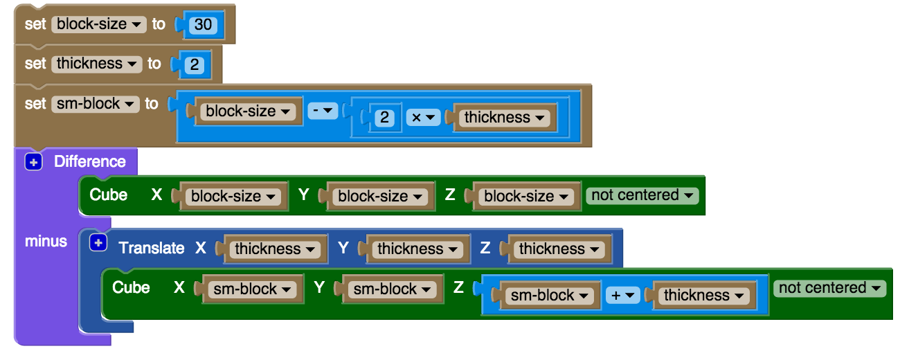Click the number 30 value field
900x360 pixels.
(203, 26)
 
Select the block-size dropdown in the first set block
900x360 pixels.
(98, 24)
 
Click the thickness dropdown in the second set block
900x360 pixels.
(96, 64)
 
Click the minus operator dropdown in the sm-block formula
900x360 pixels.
(322, 111)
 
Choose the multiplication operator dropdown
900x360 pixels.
(422, 118)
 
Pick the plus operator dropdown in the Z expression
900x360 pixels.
(622, 296)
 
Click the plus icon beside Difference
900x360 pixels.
(33, 162)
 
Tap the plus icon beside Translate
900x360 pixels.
(98, 243)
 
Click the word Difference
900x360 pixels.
(90, 162)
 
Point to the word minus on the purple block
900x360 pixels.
(46, 242)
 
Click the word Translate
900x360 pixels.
(152, 248)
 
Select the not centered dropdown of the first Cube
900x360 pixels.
(642, 195)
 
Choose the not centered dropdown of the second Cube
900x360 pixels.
(829, 288)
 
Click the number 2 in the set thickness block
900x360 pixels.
(195, 65)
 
